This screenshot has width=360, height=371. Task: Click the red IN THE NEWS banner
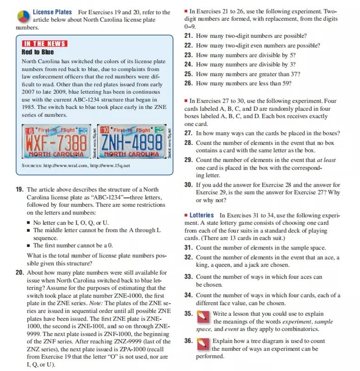coord(44,43)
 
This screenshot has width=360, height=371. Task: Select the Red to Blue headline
coord(37,52)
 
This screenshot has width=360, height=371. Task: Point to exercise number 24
coord(188,64)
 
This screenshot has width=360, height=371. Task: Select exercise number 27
coord(188,133)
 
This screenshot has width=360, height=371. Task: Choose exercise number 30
coord(188,185)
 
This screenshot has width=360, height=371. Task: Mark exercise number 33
coord(188,277)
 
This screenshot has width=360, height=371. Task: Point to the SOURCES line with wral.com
coord(76,166)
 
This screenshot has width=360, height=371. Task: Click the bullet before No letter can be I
coord(28,223)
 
